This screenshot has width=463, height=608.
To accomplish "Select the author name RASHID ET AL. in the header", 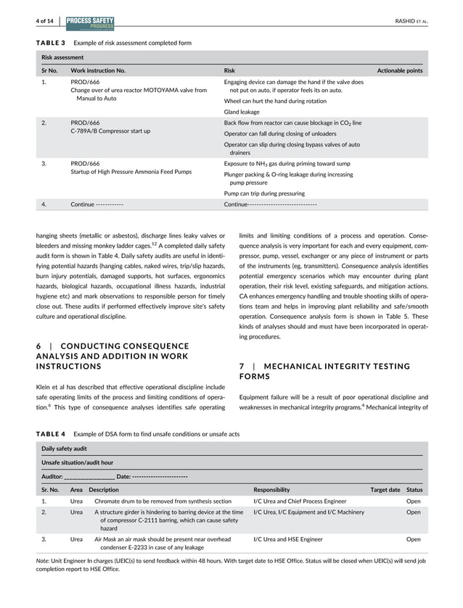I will [409, 22].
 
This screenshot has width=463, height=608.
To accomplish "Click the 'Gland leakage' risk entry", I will [241, 112].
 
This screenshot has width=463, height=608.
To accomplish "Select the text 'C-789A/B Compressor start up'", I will [110, 131].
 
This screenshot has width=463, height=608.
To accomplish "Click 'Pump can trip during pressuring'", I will [263, 193].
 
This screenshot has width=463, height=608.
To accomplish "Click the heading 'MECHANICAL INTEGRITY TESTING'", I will [342, 366].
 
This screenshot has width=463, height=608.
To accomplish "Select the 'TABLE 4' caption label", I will [50, 433].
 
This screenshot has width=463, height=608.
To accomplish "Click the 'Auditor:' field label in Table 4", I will [52, 476].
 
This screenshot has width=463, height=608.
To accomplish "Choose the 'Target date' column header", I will [385, 490].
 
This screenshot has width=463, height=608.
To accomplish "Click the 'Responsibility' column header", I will [271, 490].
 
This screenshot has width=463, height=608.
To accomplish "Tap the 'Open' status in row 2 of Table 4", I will [413, 512].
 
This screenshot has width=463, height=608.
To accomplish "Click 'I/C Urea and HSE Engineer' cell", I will [288, 539].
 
